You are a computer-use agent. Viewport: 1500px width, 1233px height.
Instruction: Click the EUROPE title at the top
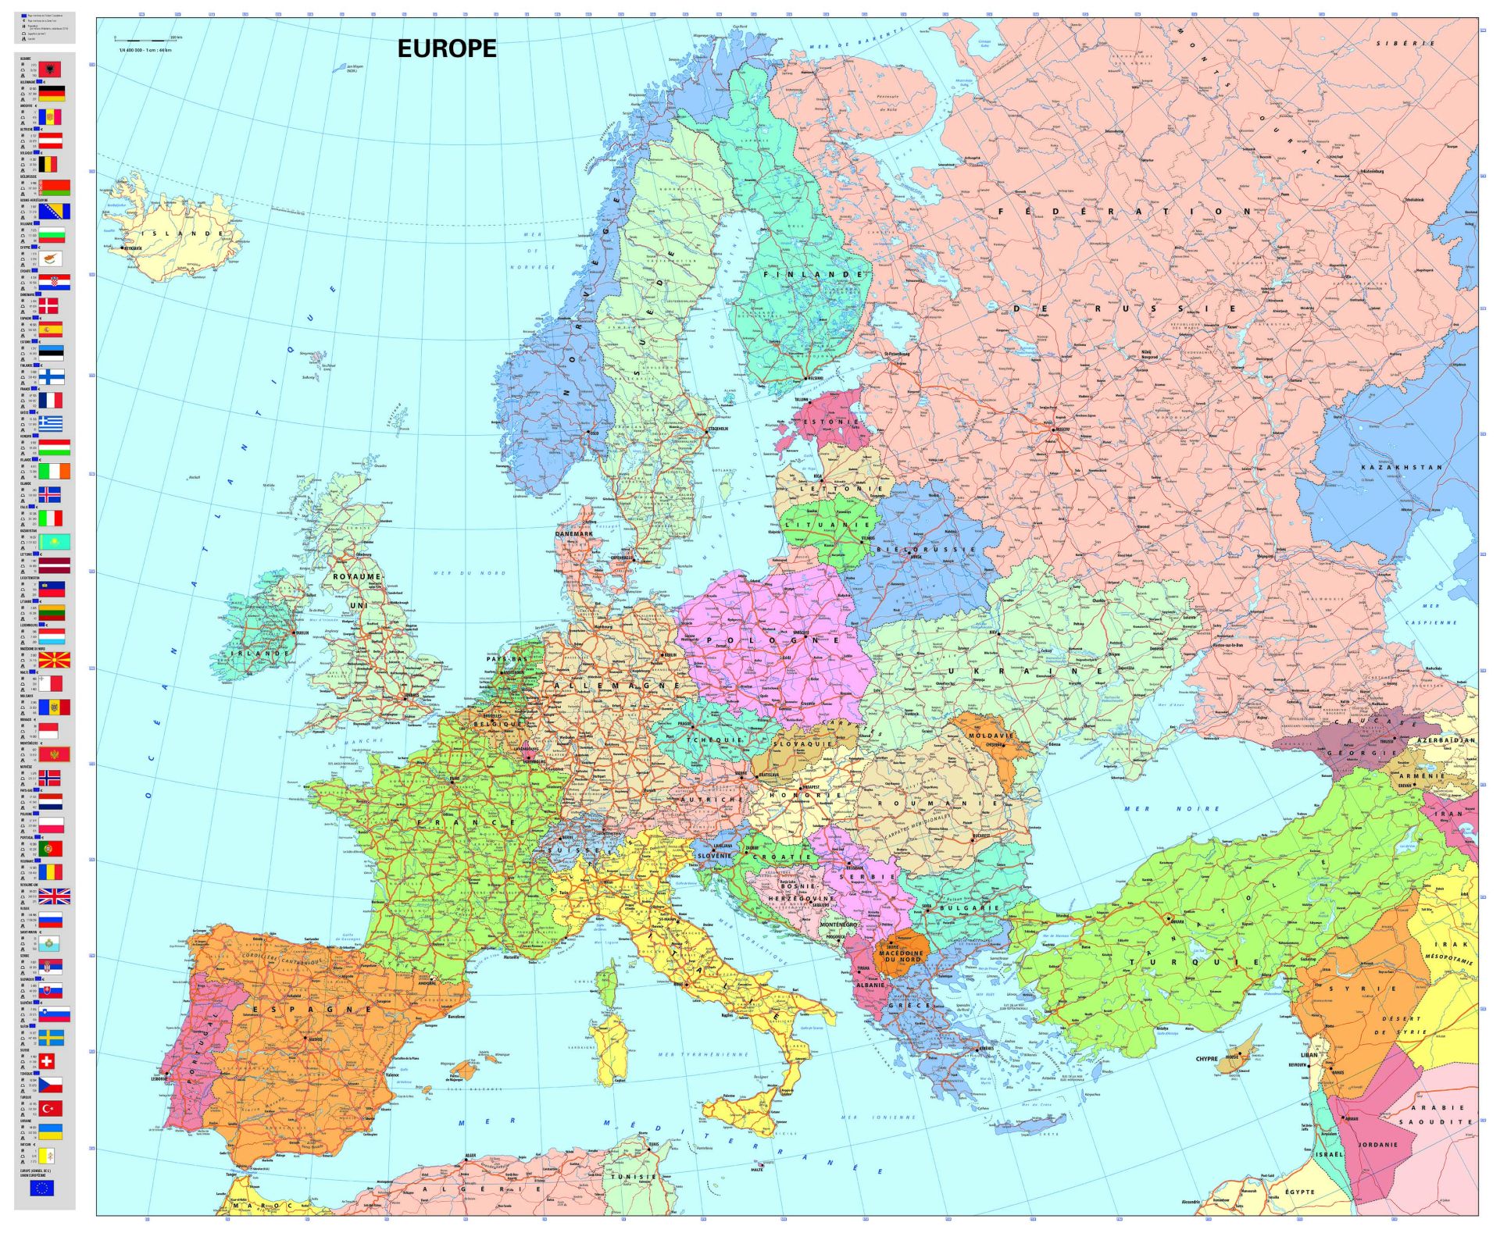click(446, 48)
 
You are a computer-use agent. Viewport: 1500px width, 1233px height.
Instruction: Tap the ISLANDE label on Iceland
click(186, 233)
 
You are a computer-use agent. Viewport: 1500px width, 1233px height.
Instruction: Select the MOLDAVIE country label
click(990, 736)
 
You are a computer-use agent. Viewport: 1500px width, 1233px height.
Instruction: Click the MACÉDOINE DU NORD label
click(900, 956)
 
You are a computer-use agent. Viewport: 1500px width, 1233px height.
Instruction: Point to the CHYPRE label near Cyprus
click(1206, 1059)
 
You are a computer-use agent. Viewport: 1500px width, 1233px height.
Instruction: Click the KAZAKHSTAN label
click(1402, 467)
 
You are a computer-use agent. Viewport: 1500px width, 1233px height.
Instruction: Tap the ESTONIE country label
click(831, 422)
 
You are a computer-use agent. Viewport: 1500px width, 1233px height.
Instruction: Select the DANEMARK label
click(573, 534)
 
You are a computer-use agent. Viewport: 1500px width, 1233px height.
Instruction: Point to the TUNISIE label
click(634, 1177)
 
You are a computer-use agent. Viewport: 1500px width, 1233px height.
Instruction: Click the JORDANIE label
click(1377, 1145)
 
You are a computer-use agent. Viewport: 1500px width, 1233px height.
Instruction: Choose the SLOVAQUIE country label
click(802, 743)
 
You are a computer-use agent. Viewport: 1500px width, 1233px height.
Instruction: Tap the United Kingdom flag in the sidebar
click(54, 896)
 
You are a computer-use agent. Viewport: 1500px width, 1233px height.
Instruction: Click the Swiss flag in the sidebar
click(47, 1060)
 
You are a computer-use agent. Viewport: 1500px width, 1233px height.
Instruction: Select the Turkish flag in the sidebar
click(51, 1108)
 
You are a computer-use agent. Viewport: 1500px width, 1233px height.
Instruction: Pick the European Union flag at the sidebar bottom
click(41, 1188)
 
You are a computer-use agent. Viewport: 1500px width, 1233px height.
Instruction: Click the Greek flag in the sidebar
click(51, 423)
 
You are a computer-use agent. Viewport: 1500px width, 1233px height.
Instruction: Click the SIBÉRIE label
click(1405, 44)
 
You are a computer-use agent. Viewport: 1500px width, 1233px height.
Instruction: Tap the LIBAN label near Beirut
click(1309, 1055)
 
